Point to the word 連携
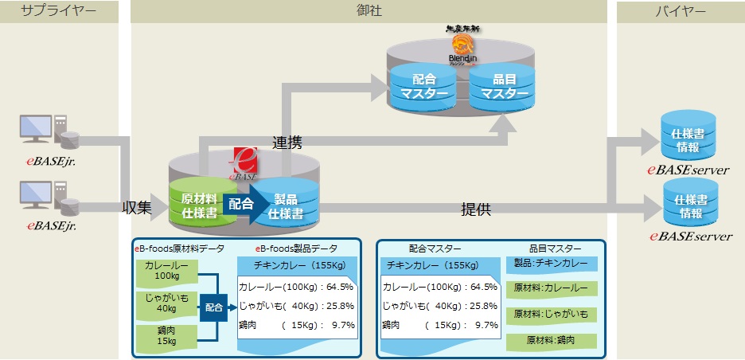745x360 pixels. click(287, 143)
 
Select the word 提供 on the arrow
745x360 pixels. click(476, 209)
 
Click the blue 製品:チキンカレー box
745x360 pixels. click(550, 263)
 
